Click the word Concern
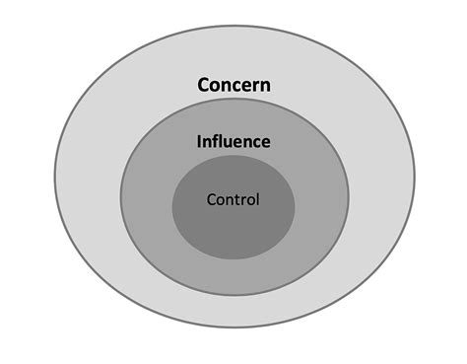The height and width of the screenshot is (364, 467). pos(233,85)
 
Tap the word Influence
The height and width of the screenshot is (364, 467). pos(233,142)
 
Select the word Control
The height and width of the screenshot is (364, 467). pos(233,199)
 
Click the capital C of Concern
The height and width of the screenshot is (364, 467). pos(203,85)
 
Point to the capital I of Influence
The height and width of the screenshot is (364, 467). pos(199,142)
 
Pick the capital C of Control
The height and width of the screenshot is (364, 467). pos(211,199)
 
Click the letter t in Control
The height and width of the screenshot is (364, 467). pos(237,199)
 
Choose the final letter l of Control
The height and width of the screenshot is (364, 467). pos(257,199)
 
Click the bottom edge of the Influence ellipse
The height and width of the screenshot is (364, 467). pos(233,295)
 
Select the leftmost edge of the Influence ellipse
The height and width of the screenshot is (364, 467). pos(120,202)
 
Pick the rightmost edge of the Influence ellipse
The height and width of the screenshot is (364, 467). pos(348,202)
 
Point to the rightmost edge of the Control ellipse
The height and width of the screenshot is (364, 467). pos(295,202)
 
